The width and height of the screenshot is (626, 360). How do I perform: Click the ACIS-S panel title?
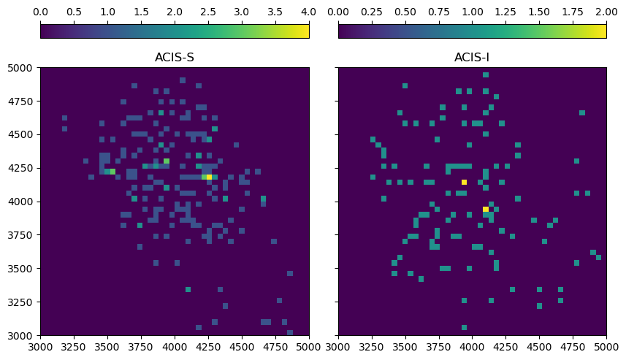175,58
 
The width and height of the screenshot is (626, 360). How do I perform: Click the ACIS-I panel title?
472,58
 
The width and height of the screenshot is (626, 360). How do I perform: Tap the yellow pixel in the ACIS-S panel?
209,177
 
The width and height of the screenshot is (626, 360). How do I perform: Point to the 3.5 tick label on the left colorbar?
275,12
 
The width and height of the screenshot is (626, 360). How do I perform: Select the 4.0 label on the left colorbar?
309,12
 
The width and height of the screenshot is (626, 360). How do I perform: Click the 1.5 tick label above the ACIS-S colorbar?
141,12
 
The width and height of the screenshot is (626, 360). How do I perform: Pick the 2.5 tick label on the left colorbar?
208,12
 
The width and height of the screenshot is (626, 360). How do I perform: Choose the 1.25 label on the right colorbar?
505,12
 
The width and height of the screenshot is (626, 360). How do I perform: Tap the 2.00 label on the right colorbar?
606,12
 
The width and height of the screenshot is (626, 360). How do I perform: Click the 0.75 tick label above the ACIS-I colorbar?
438,12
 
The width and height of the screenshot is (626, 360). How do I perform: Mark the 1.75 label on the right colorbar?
573,12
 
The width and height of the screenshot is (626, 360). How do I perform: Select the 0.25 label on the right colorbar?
371,12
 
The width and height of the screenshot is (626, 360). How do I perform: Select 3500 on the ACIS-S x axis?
107,348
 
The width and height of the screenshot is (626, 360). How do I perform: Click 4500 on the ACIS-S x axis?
242,348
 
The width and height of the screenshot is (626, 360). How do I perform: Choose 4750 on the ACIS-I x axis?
573,348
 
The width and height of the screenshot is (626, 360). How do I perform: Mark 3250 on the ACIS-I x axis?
371,348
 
